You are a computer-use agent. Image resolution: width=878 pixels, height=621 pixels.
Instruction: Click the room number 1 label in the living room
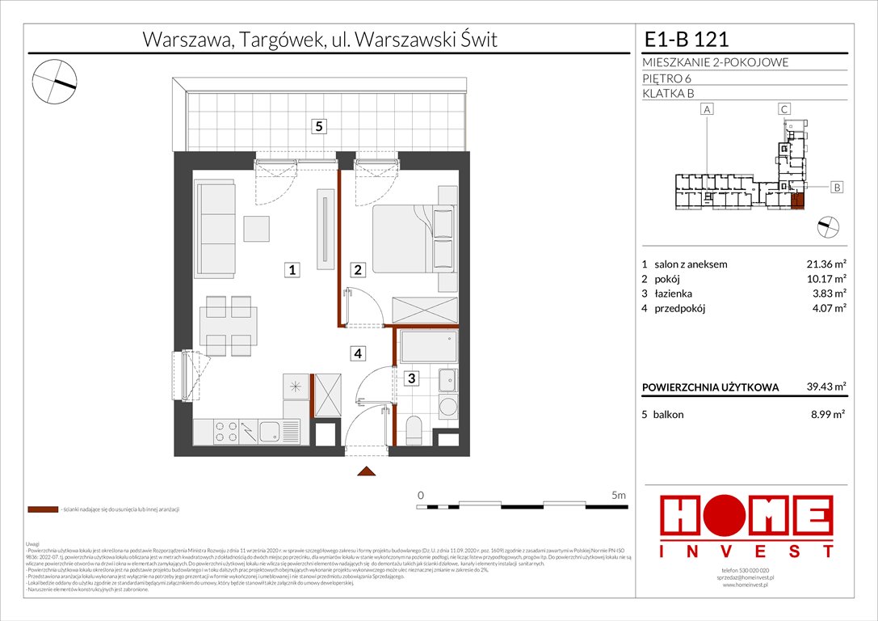pos(293,270)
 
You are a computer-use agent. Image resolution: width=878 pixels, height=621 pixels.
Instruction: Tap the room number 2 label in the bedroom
pos(358,270)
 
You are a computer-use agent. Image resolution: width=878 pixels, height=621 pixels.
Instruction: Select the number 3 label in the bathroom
pos(411,378)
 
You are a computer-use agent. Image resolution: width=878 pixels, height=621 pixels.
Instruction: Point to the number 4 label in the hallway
pos(358,353)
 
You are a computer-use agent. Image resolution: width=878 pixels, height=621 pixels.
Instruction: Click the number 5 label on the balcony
pos(321,126)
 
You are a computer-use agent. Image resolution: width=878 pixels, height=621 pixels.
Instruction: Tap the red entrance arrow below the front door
pos(368,471)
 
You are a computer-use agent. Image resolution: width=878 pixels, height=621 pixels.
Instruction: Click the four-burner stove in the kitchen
pos(225,432)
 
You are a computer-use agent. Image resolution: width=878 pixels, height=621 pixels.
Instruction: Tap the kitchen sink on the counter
pos(269,432)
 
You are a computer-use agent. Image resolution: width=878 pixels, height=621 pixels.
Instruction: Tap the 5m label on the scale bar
pos(619,494)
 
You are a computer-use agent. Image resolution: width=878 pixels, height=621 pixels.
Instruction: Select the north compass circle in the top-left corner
pos(54,82)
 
